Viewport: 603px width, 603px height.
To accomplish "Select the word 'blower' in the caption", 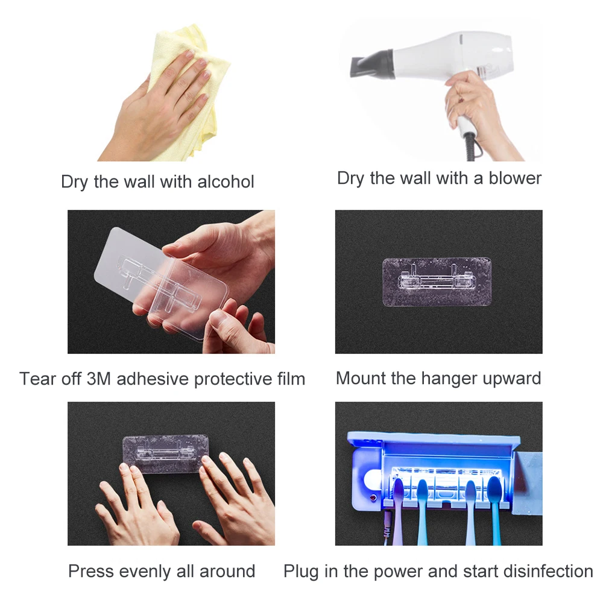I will pos(515,178).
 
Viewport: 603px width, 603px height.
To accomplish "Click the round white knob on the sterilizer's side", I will pos(371,480).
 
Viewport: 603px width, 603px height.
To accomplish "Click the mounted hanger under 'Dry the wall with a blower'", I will pos(437,281).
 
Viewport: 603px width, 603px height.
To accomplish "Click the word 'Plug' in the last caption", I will pos(301,571).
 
